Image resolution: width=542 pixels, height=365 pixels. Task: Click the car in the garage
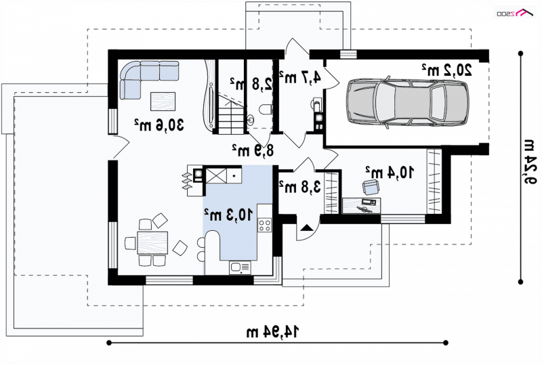click(x=408, y=102)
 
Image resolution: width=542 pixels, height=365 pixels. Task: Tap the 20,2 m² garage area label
click(x=446, y=70)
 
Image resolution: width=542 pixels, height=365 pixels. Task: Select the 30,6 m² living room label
click(x=159, y=125)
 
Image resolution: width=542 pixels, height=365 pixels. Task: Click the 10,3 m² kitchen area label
click(x=228, y=215)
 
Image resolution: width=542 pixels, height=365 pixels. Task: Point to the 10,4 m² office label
click(x=390, y=172)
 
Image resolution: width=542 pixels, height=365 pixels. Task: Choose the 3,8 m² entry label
click(x=299, y=187)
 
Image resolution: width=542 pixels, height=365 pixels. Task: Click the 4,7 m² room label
click(x=299, y=77)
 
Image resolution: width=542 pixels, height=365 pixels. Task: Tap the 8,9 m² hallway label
click(x=253, y=150)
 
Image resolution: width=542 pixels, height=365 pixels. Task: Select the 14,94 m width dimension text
click(x=272, y=331)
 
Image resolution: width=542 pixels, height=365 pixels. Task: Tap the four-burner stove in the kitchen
click(x=265, y=225)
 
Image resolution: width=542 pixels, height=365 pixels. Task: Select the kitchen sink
click(x=241, y=267)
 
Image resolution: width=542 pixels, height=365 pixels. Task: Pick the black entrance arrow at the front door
click(x=306, y=228)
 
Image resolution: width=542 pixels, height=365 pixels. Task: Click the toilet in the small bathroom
click(x=266, y=110)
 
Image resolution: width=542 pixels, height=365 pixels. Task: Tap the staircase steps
click(x=231, y=116)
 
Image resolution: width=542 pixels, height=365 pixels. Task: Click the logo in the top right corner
click(x=515, y=13)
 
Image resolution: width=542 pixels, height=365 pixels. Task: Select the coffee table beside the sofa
click(x=163, y=102)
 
